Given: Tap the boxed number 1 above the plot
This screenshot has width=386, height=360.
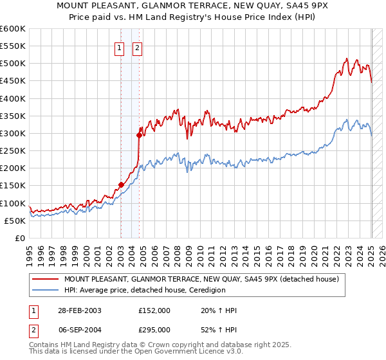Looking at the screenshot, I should (120, 46).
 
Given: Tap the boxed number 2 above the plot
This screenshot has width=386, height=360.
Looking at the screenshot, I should (138, 46).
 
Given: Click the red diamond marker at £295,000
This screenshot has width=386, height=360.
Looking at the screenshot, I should (139, 135).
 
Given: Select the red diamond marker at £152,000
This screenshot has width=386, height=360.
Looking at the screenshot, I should (121, 184).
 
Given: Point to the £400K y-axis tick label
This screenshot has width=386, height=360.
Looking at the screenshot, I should (13, 98).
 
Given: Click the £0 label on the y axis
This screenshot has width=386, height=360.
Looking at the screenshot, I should (20, 238).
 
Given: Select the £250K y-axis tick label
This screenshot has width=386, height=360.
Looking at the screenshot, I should (13, 150).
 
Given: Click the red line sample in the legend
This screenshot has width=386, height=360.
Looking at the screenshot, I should (46, 279).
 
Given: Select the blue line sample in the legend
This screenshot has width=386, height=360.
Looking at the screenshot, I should (46, 290).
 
